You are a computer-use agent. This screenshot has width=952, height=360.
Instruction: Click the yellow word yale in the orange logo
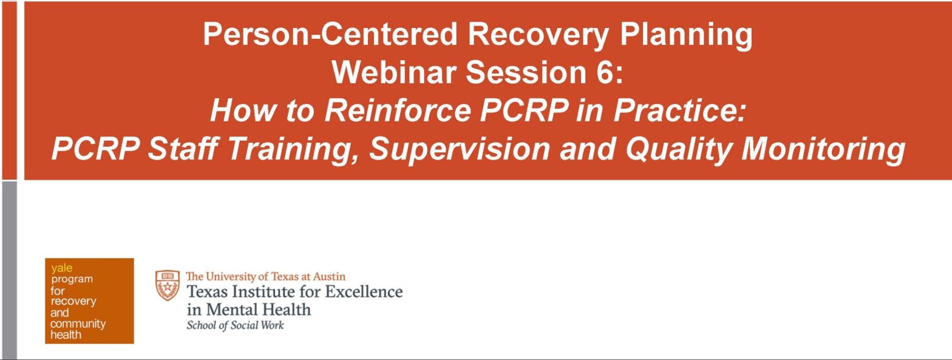[61, 268]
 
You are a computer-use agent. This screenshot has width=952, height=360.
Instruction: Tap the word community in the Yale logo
[78, 324]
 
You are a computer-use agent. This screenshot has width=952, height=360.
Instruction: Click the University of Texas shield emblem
[168, 285]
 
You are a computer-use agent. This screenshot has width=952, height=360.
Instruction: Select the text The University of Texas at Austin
[265, 276]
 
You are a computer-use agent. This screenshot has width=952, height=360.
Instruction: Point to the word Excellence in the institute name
[364, 291]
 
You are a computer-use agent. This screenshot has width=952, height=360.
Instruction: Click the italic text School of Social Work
[235, 325]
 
